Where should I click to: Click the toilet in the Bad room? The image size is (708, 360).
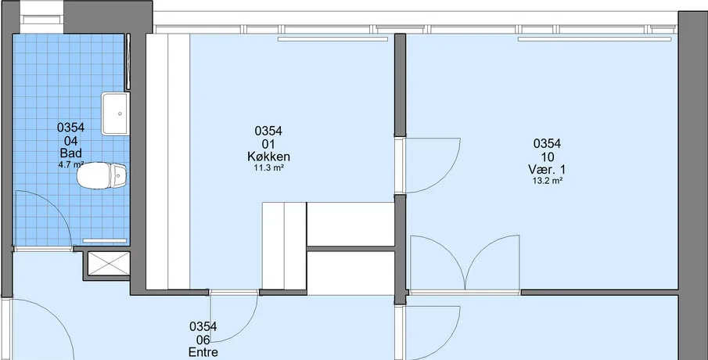click(102, 176)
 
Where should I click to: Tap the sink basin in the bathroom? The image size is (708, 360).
click(115, 113)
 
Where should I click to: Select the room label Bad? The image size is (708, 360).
click(71, 153)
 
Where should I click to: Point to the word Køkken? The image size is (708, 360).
click(268, 157)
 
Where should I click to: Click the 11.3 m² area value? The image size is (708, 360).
click(268, 168)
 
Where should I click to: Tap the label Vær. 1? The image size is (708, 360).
click(547, 169)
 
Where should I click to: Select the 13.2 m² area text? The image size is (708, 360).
click(547, 181)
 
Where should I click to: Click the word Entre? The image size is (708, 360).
click(203, 352)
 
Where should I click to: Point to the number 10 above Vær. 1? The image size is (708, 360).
click(548, 157)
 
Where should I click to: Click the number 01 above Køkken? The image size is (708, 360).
click(268, 144)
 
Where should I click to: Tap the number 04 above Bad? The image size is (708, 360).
click(71, 140)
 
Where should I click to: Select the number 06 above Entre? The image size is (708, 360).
click(203, 340)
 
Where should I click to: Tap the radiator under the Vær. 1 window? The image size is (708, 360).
click(595, 39)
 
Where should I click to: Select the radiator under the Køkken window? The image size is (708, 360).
click(332, 39)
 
